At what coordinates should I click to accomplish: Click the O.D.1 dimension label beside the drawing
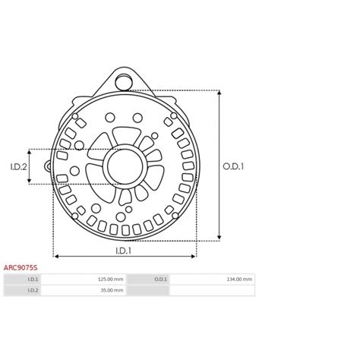233,166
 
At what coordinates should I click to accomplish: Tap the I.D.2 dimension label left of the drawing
18,167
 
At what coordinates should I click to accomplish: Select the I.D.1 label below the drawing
123,251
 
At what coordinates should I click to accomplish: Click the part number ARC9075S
21,267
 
